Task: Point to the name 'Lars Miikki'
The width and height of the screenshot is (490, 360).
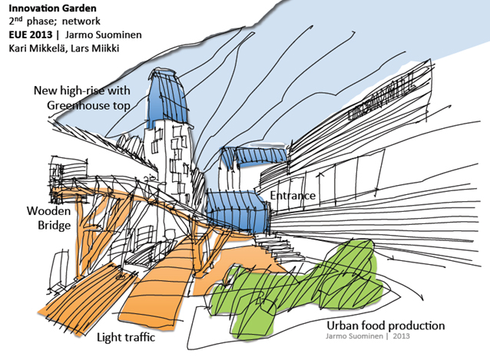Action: (96, 48)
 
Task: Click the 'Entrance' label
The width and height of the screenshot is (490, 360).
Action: (292, 196)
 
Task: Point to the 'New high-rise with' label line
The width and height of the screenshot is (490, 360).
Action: (81, 91)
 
